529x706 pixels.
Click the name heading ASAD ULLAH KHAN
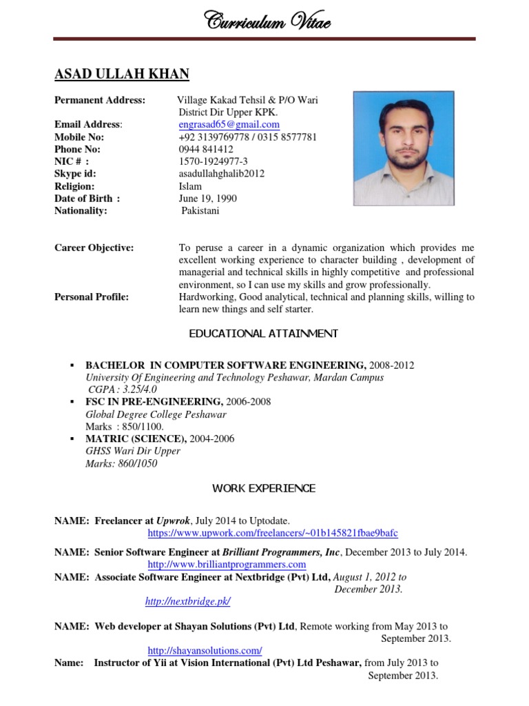tap(122, 74)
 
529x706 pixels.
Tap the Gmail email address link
tap(229, 125)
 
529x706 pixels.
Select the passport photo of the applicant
tap(404, 148)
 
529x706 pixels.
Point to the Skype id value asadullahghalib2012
tap(221, 174)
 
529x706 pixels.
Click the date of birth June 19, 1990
tap(207, 199)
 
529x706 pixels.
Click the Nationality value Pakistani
tap(200, 211)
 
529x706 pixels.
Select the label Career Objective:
tap(94, 248)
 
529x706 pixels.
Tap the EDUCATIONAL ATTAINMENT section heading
tap(264, 334)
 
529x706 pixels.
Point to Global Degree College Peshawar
tap(156, 414)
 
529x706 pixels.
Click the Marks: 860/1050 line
tap(121, 464)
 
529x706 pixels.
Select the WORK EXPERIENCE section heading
tap(264, 489)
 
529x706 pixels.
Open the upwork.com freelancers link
tap(273, 534)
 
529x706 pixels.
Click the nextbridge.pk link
tap(187, 602)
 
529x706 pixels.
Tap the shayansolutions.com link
tap(205, 651)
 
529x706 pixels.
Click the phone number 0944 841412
tap(205, 149)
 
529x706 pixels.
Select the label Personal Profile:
tap(92, 297)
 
